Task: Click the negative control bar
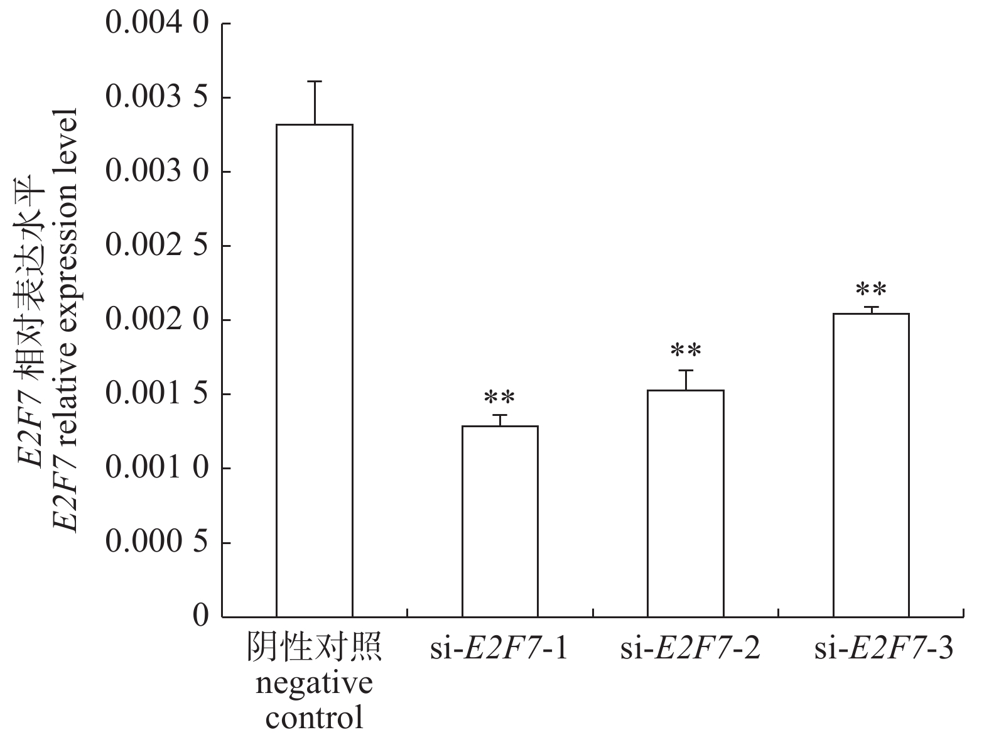pos(315,371)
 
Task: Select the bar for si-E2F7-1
pos(500,521)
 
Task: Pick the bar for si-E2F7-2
pos(686,503)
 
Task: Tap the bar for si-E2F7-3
pos(871,465)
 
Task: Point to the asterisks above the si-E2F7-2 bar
pos(686,350)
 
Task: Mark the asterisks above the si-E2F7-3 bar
pos(871,290)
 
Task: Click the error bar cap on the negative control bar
pos(315,82)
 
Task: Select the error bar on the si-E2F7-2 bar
pos(686,379)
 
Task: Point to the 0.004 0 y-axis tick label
pos(156,24)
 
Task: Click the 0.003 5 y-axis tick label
pos(156,98)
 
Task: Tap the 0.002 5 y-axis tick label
pos(156,246)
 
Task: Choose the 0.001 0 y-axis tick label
pos(156,469)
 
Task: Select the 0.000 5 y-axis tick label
pos(156,543)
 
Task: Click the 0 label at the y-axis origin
pos(200,616)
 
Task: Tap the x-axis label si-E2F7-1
pos(500,649)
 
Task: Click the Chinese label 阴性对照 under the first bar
pos(314,649)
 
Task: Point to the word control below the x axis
pos(314,717)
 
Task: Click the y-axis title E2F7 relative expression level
pos(65,320)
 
